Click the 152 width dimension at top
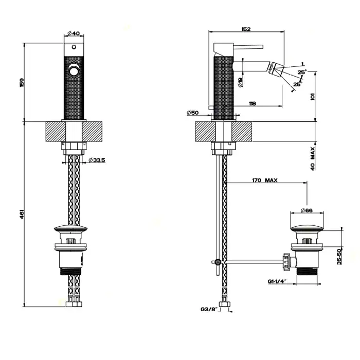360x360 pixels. point(245,29)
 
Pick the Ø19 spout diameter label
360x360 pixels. point(241,79)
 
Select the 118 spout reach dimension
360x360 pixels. point(252,104)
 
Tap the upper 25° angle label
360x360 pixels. point(302,71)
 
